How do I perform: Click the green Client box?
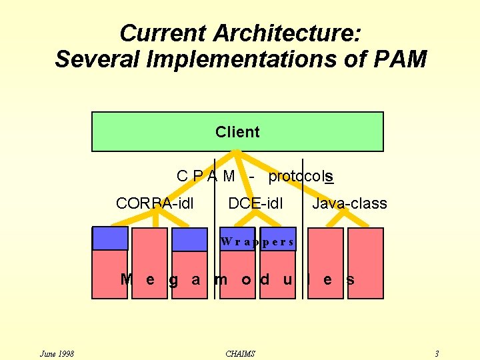[x=237, y=132]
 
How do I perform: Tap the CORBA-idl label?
[x=155, y=203]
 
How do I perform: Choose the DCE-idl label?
[x=255, y=203]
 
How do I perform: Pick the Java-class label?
[x=349, y=203]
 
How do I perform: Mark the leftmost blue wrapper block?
[x=110, y=238]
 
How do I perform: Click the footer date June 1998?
[x=57, y=353]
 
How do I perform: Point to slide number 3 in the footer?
[x=436, y=353]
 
